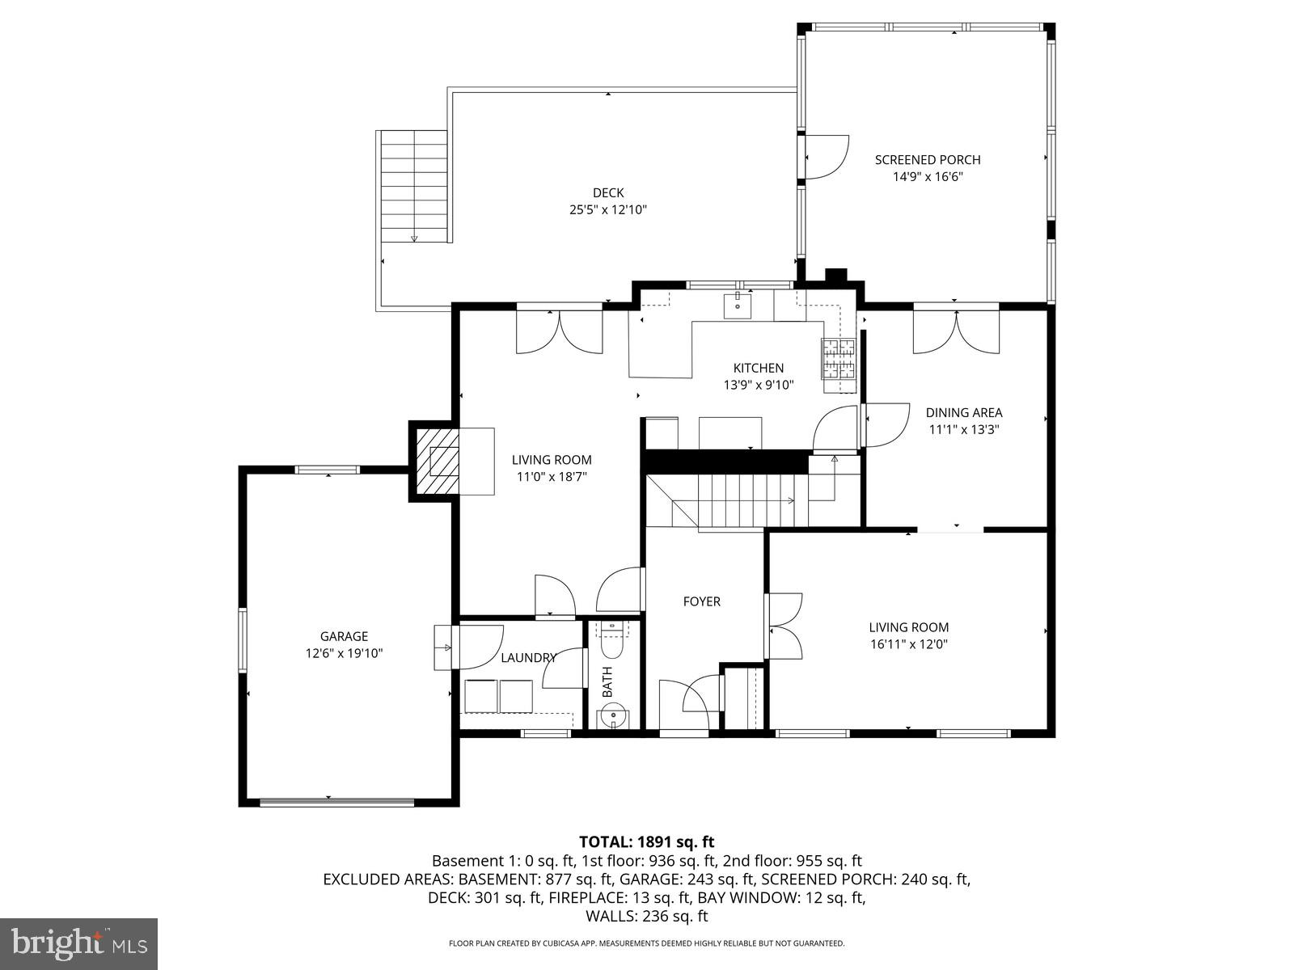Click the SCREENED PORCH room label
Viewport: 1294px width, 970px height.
coord(928,160)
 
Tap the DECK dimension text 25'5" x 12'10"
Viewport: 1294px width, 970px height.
coord(608,210)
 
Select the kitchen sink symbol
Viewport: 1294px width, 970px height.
coord(738,306)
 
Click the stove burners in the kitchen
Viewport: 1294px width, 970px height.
coord(839,359)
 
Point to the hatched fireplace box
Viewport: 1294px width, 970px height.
coord(437,461)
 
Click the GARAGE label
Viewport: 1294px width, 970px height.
coord(344,636)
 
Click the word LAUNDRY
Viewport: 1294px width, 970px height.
coord(528,658)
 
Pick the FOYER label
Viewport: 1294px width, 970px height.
coord(701,601)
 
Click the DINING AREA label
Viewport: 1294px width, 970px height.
coord(964,413)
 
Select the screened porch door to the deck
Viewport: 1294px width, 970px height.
coord(825,157)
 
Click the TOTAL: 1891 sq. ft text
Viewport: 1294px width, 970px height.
coord(646,842)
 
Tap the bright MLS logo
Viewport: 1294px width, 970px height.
coord(78,942)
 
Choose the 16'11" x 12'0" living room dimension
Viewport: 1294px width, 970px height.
coord(908,645)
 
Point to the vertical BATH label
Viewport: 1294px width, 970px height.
coord(607,681)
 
